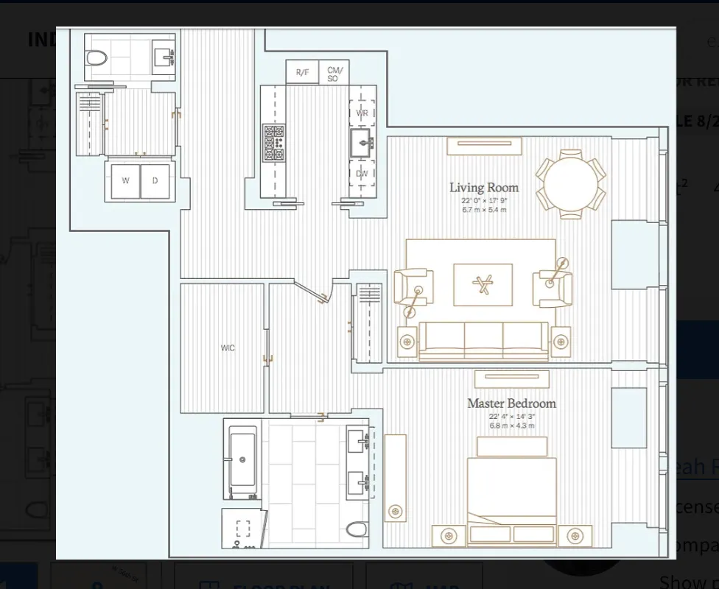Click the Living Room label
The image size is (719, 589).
[484, 188]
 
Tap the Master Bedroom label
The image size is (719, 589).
[511, 403]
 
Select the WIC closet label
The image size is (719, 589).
[228, 348]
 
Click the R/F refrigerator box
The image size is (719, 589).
[303, 72]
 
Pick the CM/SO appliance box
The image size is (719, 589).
[333, 73]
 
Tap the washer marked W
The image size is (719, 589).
[125, 181]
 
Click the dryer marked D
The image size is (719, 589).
[155, 181]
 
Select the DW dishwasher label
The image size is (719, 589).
[362, 174]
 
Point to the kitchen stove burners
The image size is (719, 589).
[273, 143]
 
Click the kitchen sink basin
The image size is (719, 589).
[361, 145]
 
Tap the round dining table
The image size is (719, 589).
[570, 184]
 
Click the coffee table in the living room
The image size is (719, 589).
[483, 285]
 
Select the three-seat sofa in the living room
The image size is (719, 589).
[483, 340]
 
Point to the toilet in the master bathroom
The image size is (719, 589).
[357, 529]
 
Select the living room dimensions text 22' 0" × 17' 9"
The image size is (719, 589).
[484, 201]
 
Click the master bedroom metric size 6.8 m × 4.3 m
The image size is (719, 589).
[511, 426]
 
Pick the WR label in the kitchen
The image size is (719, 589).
[362, 113]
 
